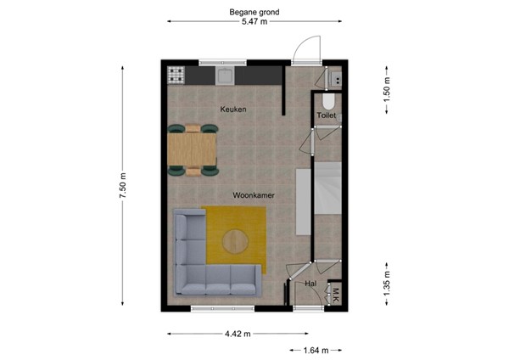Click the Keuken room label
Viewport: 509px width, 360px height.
click(x=233, y=110)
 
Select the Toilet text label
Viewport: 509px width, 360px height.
click(x=327, y=115)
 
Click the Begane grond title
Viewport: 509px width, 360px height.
click(x=254, y=13)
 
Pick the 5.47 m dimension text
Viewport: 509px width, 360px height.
click(x=254, y=23)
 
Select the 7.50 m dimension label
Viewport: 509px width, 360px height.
click(x=123, y=186)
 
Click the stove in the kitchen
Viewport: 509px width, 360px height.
click(x=176, y=76)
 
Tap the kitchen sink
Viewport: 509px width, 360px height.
click(x=225, y=76)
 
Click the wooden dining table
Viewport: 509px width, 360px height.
click(x=193, y=150)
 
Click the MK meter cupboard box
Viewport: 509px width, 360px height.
click(x=335, y=295)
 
